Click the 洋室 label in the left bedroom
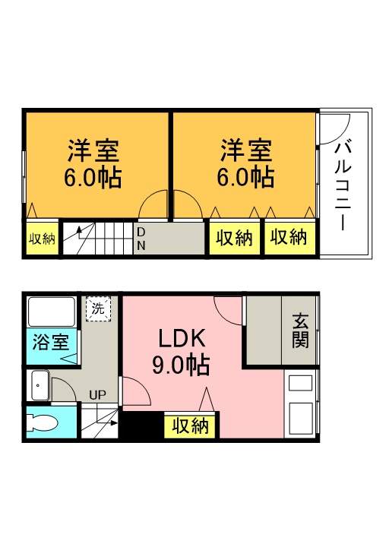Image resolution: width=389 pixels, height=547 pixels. (95, 149)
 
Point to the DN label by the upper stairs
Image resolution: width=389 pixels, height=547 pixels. (141, 239)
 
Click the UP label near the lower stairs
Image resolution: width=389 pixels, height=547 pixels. (97, 395)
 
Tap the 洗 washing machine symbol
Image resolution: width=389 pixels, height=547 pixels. (98, 308)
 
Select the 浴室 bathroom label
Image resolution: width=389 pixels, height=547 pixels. (49, 342)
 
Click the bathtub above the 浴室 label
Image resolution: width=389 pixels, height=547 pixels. (50, 311)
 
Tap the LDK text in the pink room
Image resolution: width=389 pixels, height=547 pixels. (182, 338)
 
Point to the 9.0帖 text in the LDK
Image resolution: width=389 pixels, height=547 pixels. (181, 366)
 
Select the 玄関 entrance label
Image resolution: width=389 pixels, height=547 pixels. (300, 330)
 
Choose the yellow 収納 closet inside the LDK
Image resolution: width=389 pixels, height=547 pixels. (191, 426)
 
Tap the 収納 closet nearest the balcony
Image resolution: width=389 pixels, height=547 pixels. (289, 239)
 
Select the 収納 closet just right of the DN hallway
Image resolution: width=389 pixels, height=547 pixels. (233, 239)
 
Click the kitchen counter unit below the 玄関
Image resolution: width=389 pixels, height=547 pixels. (301, 403)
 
